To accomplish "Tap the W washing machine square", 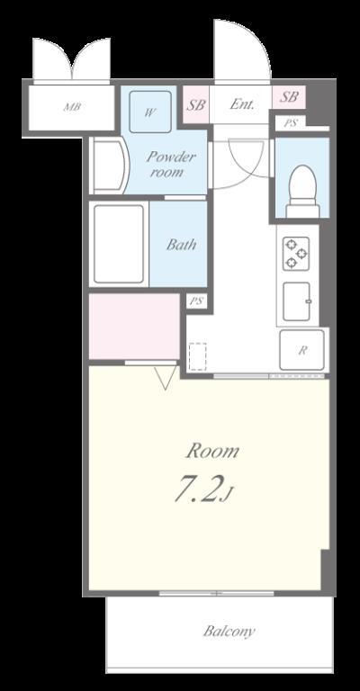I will click(150, 112).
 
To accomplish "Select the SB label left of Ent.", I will click(195, 103).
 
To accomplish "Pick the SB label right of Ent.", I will click(289, 97).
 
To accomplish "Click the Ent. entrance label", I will click(242, 104).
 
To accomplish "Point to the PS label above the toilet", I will click(289, 122).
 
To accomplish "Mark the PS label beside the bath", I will click(196, 302).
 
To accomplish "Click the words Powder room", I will click(169, 163).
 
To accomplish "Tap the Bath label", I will click(181, 244).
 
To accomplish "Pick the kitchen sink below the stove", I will click(296, 301).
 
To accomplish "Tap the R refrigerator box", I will click(301, 351).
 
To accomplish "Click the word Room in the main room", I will click(212, 451).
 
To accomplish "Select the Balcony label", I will click(229, 631).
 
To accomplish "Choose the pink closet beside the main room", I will click(134, 325).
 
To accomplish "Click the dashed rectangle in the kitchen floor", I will click(198, 356).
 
